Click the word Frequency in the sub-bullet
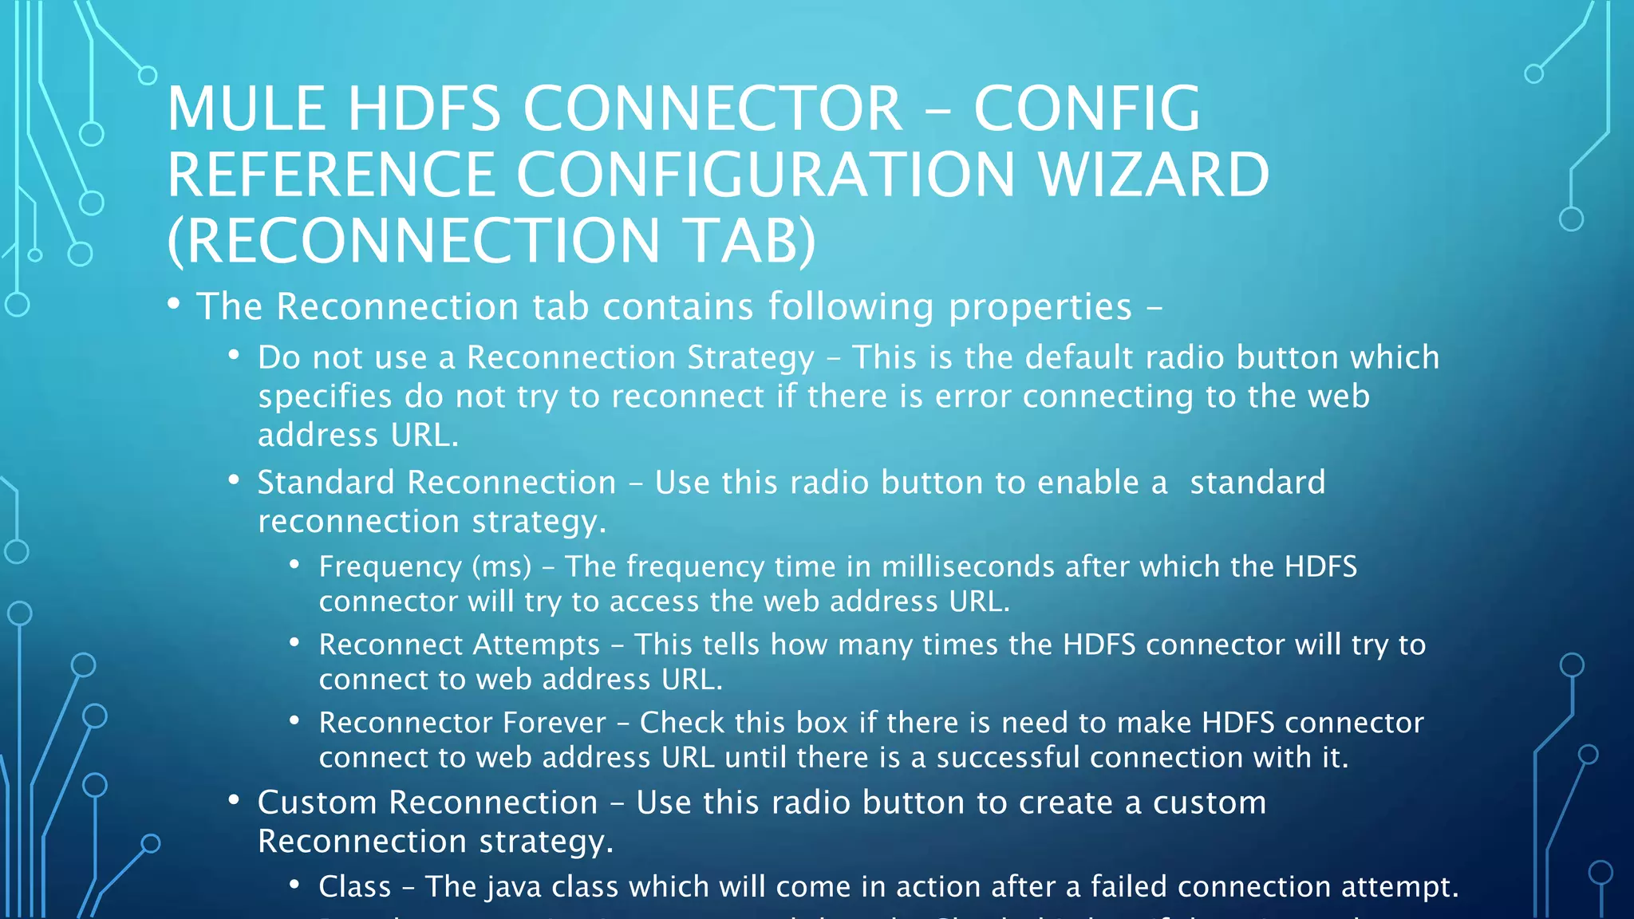[x=389, y=566]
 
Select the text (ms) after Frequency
[x=502, y=566]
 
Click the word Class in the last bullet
[x=355, y=887]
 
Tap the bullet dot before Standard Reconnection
[x=234, y=480]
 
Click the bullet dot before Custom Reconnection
[x=234, y=800]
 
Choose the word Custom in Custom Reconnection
[x=317, y=803]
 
